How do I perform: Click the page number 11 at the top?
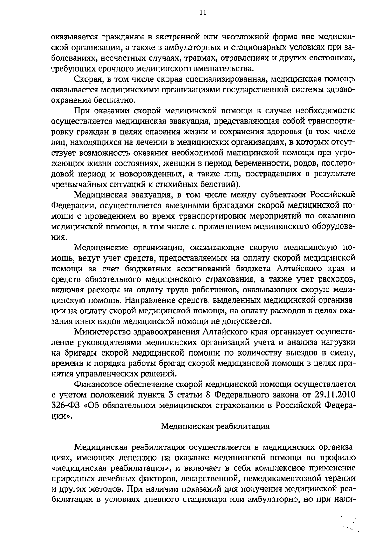pos(202,13)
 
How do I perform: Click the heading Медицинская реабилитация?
pos(215,426)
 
